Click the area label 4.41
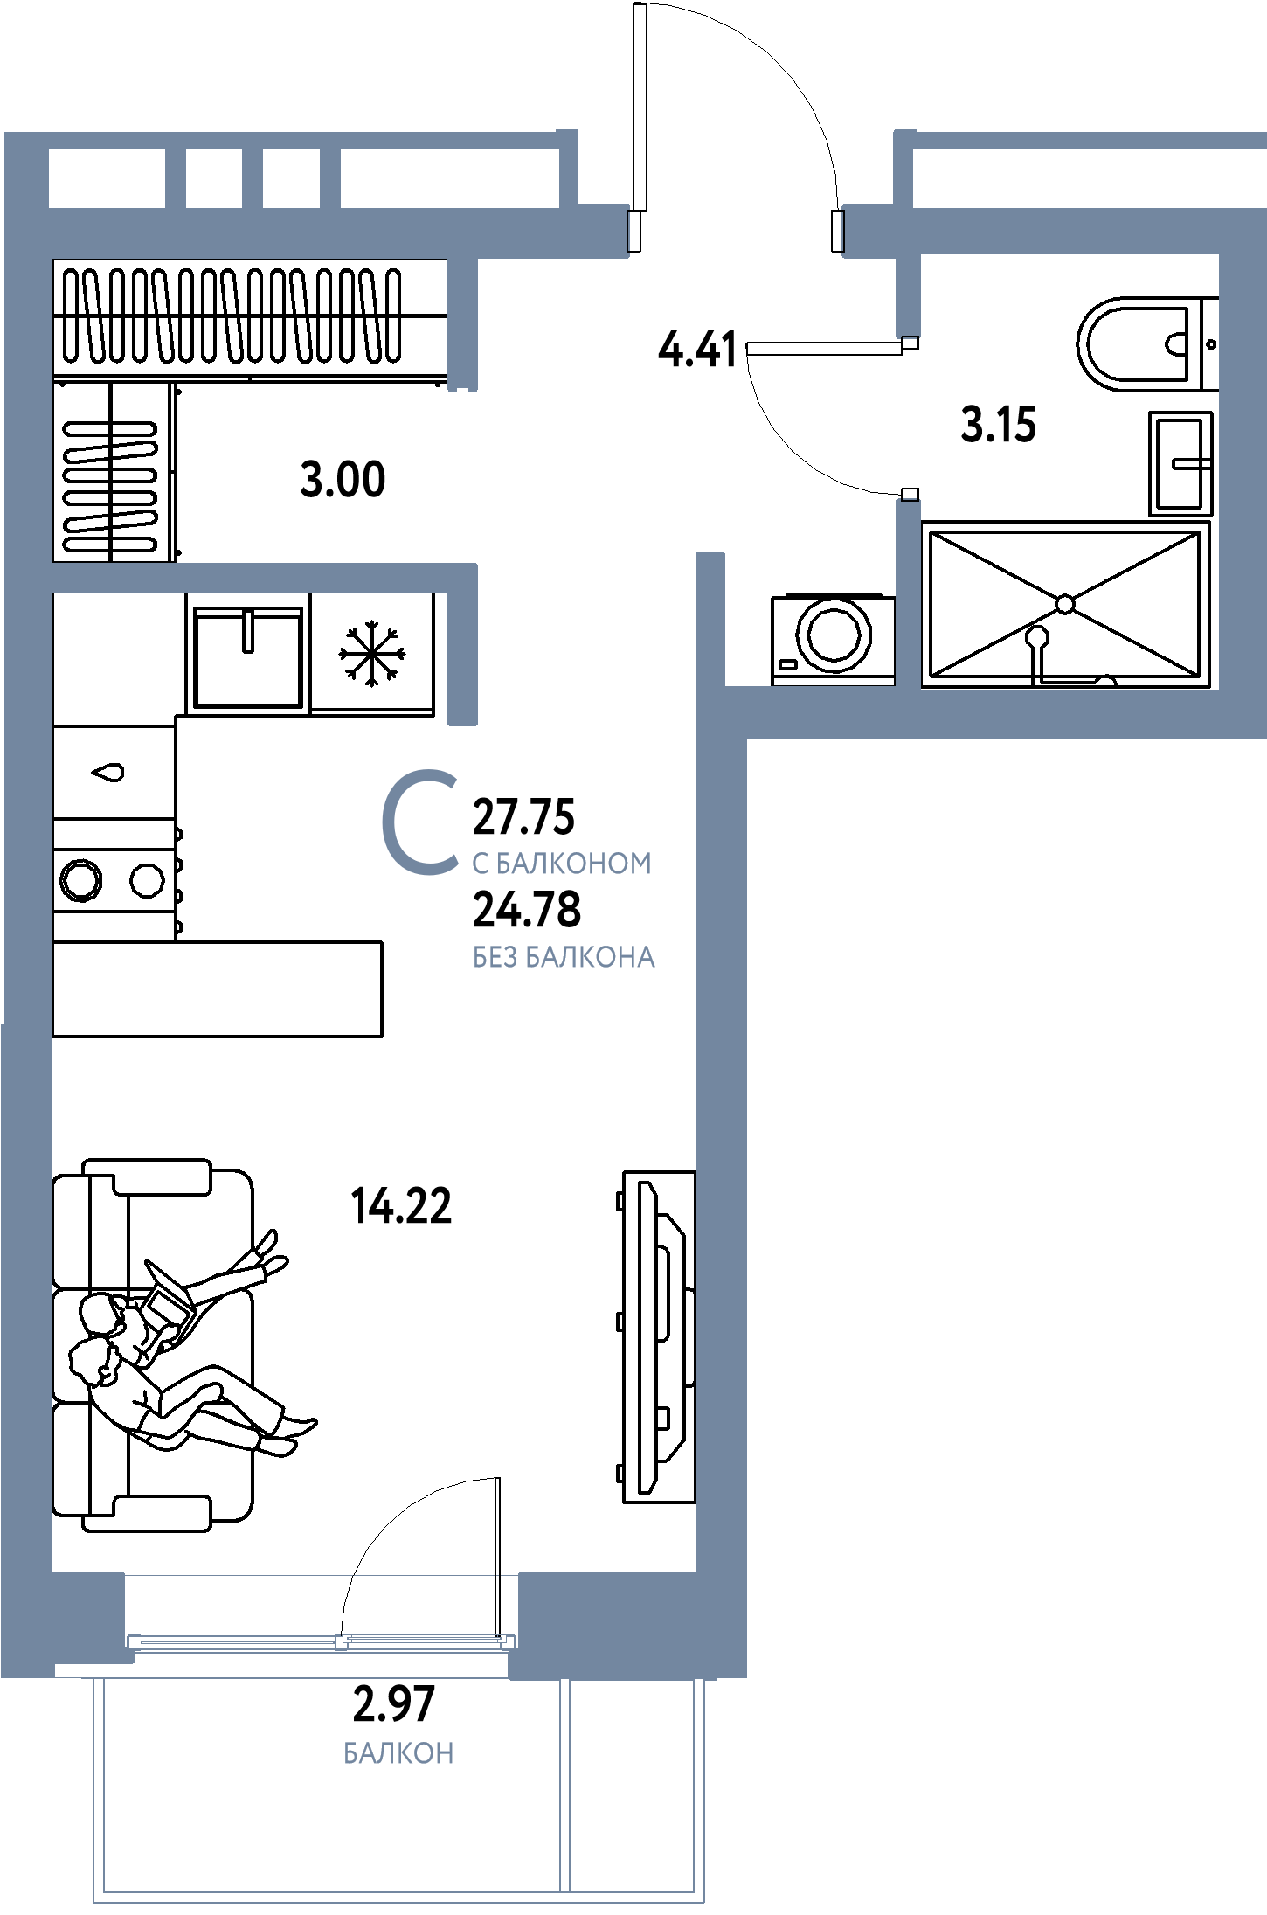697,350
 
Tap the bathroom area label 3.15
998,425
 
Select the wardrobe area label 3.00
343,480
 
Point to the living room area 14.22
401,1205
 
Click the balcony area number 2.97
393,1704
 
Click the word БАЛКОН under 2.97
398,1754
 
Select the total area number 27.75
523,817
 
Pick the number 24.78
527,909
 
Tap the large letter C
420,822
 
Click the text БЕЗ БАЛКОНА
564,958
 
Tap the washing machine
833,637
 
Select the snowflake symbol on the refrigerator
372,653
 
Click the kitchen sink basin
248,656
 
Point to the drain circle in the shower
1064,604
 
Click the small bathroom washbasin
1180,463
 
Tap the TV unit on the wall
658,1337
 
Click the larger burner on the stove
80,880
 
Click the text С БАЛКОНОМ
562,864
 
